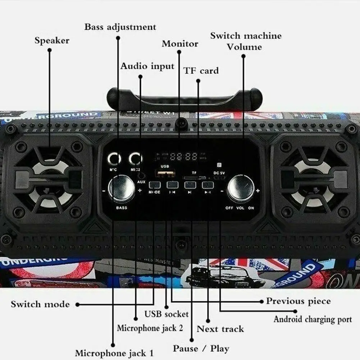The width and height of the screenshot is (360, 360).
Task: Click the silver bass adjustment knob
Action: coord(121,188)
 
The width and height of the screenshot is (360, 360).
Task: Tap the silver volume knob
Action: coord(240,188)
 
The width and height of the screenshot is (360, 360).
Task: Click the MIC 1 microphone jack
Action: coord(114,158)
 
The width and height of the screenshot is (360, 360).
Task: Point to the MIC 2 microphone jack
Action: coord(135,158)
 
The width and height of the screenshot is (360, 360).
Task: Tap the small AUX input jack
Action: coord(141,176)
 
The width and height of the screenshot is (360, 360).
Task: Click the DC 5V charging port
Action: coord(219,177)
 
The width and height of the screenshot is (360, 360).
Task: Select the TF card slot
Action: coord(194,178)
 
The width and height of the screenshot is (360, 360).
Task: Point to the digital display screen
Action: coord(183,156)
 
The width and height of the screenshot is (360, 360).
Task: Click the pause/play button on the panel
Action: coord(208,185)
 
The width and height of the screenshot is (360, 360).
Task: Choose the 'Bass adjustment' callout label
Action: coord(120,27)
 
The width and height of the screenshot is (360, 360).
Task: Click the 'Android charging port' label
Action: coord(313,319)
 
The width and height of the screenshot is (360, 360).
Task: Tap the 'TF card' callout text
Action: coord(201,70)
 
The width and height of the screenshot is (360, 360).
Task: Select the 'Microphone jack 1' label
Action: coord(114,353)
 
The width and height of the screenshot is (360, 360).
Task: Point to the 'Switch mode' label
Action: coord(40,304)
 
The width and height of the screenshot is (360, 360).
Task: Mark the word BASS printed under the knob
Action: coord(121,208)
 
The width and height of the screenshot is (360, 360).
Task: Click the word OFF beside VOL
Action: coord(229,208)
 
